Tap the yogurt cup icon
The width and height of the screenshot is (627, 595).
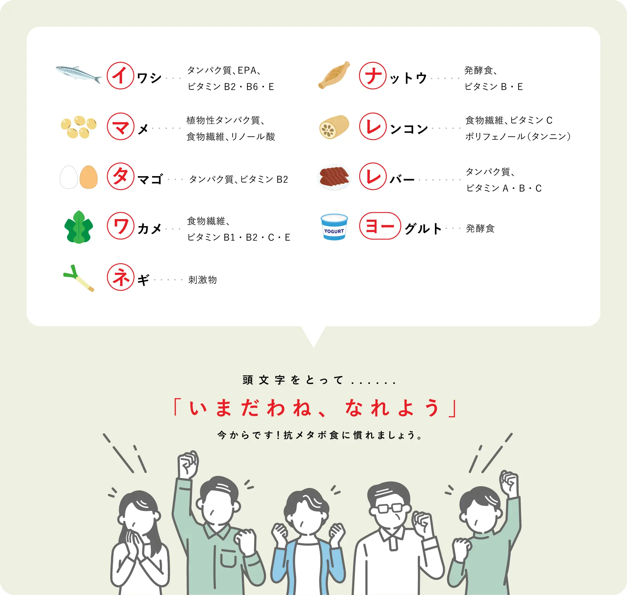point(334,227)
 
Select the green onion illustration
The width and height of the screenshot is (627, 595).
point(79,278)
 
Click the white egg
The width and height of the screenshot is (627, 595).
point(69,177)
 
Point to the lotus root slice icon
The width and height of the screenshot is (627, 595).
point(334,127)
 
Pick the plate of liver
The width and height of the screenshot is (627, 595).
point(334,177)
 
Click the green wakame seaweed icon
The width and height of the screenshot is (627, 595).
point(79,227)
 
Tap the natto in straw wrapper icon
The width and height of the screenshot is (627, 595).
point(334,75)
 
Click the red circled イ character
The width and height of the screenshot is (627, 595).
point(120,75)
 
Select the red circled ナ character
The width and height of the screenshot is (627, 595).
point(373,75)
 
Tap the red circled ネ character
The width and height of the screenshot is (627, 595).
point(120,277)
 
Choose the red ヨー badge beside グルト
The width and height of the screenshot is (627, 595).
point(380,226)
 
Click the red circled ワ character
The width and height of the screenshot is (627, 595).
point(120,226)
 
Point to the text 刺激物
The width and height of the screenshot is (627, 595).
point(202,279)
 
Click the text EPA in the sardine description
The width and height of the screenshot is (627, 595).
point(247,70)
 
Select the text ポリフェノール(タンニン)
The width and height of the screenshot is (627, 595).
point(518,136)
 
